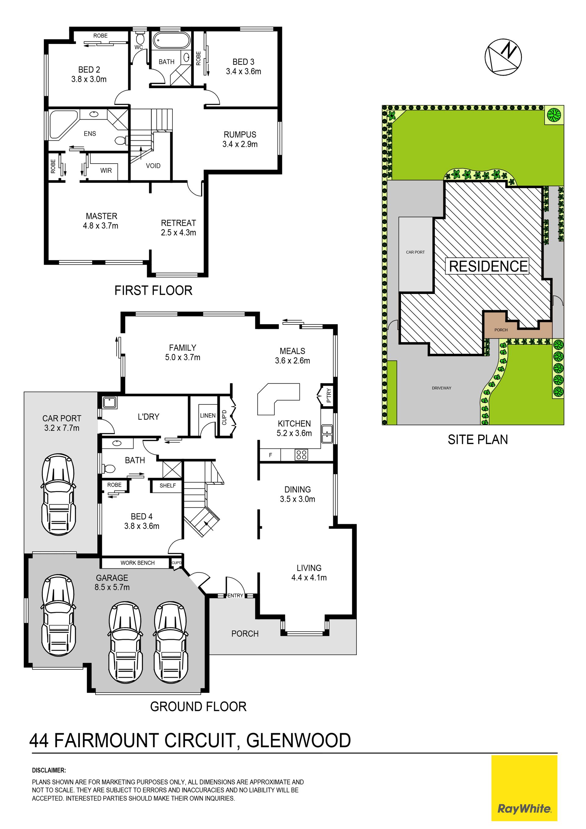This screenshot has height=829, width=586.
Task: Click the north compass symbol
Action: coord(503,57)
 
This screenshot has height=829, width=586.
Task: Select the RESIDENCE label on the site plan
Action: coord(488,266)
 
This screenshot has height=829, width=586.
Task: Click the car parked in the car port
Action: coord(59,495)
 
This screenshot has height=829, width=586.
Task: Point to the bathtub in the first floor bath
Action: coord(171,41)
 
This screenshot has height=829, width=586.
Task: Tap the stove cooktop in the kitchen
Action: coord(301,454)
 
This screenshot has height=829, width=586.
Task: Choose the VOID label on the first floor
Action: coord(153,166)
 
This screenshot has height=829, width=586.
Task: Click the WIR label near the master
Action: coord(106,170)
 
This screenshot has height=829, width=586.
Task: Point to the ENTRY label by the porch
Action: coord(235,596)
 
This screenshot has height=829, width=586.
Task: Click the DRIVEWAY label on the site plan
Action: coord(442,388)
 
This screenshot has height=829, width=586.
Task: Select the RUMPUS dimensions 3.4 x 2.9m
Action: coord(240,144)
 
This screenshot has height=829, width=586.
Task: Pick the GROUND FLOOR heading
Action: coord(198,707)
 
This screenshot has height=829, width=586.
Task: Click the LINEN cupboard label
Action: coord(208,416)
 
